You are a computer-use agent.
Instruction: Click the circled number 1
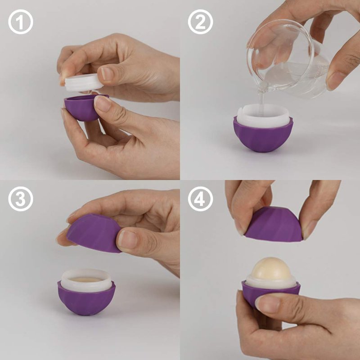coord(21,22)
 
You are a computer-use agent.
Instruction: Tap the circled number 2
coord(200,22)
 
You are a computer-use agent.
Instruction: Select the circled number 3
coord(21,199)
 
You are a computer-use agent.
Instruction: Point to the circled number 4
coord(200,199)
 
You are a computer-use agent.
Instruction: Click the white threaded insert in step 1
coord(84,82)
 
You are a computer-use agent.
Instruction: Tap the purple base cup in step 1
coord(81,108)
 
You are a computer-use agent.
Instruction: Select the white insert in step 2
coord(263,116)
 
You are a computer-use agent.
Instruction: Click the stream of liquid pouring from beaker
coord(262,101)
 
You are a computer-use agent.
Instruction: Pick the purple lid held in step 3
coord(94,233)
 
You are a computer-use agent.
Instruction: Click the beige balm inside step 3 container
coord(85,279)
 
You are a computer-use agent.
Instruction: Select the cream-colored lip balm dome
coord(271,269)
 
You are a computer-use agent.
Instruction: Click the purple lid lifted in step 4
coord(274,225)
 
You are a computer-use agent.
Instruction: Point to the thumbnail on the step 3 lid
coord(127,239)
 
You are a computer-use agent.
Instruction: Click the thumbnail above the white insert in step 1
coord(107,74)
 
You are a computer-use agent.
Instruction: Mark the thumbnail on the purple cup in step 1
coord(102,103)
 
